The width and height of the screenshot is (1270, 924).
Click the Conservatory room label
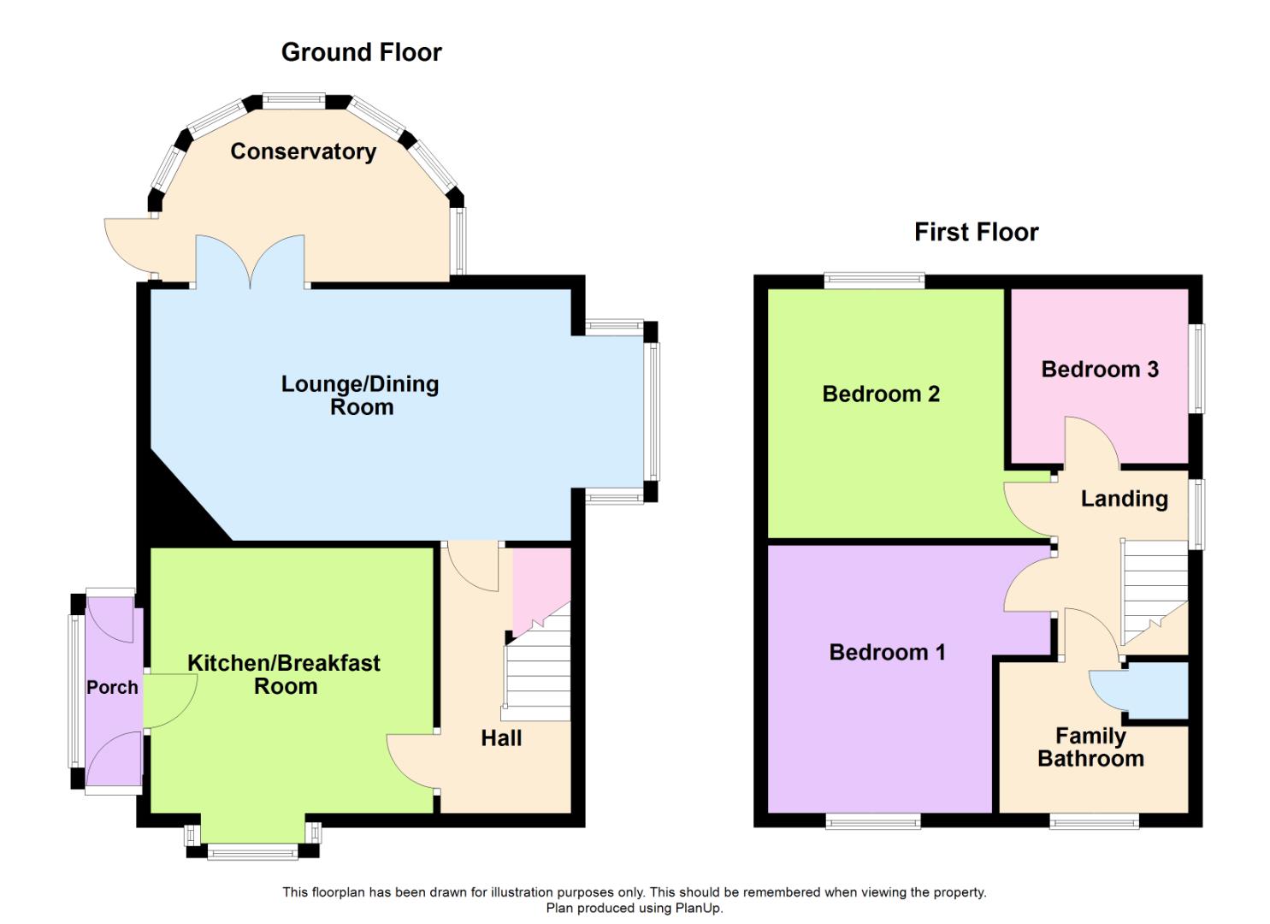click(303, 151)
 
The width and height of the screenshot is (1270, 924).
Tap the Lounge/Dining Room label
click(360, 395)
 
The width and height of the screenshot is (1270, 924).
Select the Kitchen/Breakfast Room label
click(284, 674)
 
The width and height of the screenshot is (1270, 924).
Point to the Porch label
click(112, 687)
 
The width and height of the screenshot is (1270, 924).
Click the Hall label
click(501, 738)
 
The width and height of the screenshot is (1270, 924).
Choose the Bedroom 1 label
click(887, 652)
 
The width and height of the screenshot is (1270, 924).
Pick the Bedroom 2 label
click(880, 394)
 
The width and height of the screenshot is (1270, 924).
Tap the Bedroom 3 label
click(1099, 369)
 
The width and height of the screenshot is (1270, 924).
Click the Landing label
click(1124, 499)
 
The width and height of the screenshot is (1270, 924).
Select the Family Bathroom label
click(1090, 747)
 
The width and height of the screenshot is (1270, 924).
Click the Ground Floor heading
click(361, 52)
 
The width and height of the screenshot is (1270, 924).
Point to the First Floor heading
click(976, 232)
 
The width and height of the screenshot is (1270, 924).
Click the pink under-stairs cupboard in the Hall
click(539, 582)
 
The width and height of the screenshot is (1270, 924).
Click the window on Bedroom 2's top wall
click(874, 280)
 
